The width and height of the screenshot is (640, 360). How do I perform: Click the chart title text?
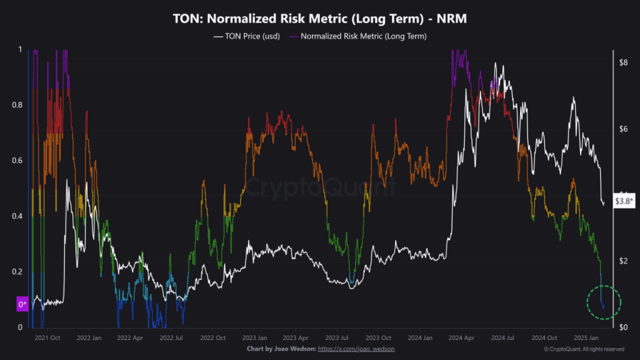(x=319, y=19)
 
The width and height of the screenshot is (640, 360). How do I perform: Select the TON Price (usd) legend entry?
(x=249, y=36)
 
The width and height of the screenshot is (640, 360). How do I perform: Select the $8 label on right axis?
(x=622, y=62)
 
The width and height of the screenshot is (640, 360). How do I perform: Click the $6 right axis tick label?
(x=622, y=129)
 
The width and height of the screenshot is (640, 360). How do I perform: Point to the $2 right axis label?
(x=622, y=261)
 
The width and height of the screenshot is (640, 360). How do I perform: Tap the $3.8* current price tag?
(x=624, y=201)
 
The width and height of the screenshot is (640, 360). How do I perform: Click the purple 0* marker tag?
(x=22, y=304)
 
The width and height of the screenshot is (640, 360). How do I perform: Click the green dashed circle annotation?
(x=604, y=303)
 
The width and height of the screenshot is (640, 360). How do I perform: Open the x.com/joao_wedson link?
(x=356, y=349)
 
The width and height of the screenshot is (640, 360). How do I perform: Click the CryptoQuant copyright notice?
(x=584, y=349)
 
